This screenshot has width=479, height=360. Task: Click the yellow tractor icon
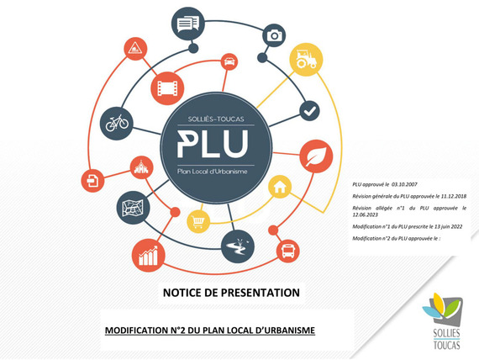306,60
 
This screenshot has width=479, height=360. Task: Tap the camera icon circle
274,35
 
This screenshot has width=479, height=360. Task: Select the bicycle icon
117,124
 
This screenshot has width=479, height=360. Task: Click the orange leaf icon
316,156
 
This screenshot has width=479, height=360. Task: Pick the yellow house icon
280,187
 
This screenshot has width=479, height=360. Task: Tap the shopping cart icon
198,222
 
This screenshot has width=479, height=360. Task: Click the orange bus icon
287,251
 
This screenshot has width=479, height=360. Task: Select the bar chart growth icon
149,256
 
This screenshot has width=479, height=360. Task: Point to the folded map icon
133,208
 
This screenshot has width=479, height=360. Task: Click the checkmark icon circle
309,111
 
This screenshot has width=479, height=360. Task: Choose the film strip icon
167,88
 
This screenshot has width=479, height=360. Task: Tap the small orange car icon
229,61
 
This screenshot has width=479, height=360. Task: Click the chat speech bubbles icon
188,24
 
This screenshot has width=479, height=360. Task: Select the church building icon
141,167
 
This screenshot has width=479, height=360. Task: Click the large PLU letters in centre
213,144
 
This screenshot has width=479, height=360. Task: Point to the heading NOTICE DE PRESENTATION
231,293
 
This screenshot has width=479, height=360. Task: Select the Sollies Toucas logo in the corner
443,321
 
